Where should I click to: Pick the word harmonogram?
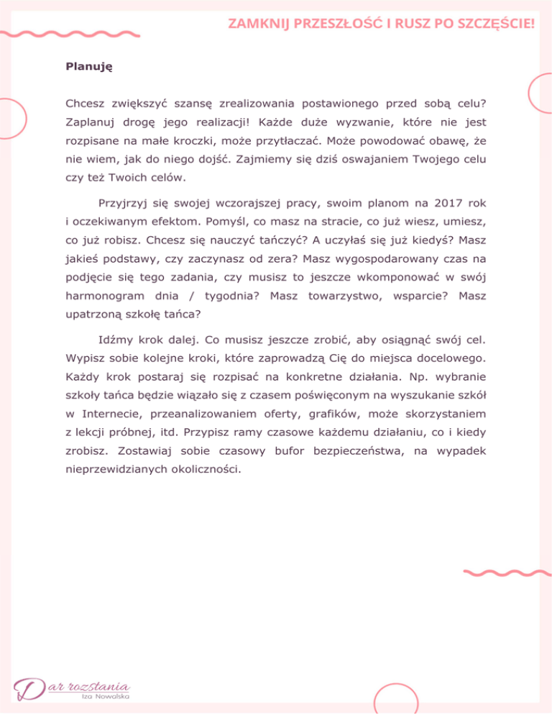point(100,296)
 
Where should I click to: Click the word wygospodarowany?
point(385,259)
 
